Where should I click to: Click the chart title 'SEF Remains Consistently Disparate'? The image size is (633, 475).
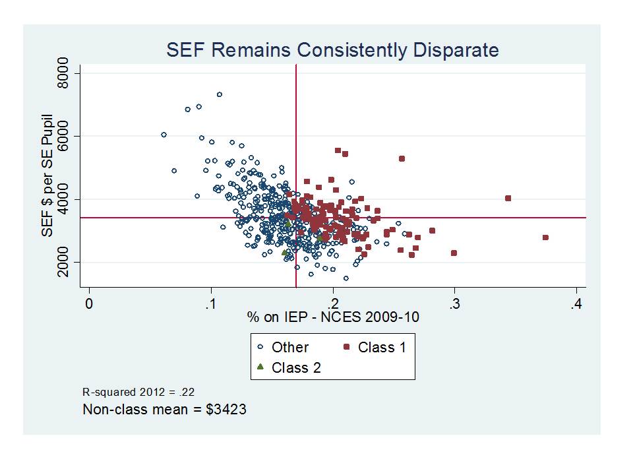click(332, 50)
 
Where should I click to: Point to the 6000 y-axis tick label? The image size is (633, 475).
click(63, 136)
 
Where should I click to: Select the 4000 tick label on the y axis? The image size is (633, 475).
click(63, 199)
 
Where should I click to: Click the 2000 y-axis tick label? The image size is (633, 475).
click(63, 263)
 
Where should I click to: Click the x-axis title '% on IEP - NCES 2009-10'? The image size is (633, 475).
click(333, 317)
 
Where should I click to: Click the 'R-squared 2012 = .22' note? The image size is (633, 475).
click(138, 391)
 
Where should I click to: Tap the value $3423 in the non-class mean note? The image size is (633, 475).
click(226, 409)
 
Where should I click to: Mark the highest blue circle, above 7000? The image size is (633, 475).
click(220, 94)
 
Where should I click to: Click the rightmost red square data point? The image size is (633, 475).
click(545, 237)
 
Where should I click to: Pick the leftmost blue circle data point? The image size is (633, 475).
click(164, 135)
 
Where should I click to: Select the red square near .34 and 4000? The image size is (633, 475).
click(508, 198)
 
